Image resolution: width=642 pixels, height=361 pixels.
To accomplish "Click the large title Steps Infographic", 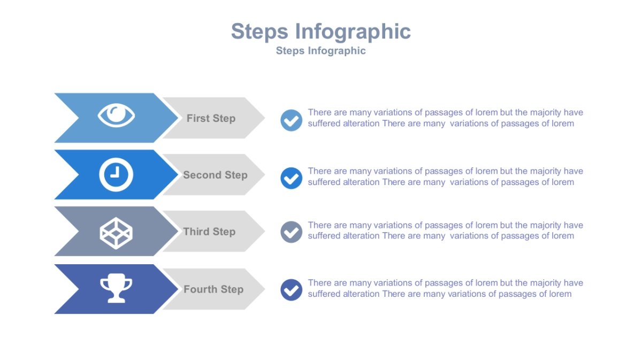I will (320, 32).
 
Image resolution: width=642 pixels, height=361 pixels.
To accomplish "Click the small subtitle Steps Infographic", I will (320, 51).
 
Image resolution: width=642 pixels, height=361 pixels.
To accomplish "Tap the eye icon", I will (116, 115).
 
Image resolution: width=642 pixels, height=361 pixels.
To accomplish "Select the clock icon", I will (116, 174).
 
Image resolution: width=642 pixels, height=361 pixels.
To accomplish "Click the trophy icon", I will (116, 288).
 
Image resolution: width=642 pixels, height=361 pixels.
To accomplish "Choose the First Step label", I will (211, 119).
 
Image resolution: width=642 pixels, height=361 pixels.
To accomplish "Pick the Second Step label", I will (215, 175).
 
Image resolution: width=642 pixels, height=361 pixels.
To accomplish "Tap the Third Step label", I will (209, 232).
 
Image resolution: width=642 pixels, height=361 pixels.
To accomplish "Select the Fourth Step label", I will (213, 289).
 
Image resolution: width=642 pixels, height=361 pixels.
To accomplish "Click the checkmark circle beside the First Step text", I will (292, 120).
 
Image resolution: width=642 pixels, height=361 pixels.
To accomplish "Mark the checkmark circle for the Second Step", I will (292, 178).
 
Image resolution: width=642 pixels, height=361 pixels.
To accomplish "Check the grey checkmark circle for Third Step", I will (292, 232).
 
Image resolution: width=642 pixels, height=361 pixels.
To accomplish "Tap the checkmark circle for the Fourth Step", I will (292, 290).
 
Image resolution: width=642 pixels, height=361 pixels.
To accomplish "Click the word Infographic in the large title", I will (353, 32).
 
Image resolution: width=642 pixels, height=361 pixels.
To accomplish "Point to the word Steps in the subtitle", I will (290, 51).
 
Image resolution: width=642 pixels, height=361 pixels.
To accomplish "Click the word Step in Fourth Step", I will (232, 289).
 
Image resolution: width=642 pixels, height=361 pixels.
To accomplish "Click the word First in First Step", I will (198, 119).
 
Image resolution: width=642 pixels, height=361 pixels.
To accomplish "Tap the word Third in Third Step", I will (196, 232).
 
